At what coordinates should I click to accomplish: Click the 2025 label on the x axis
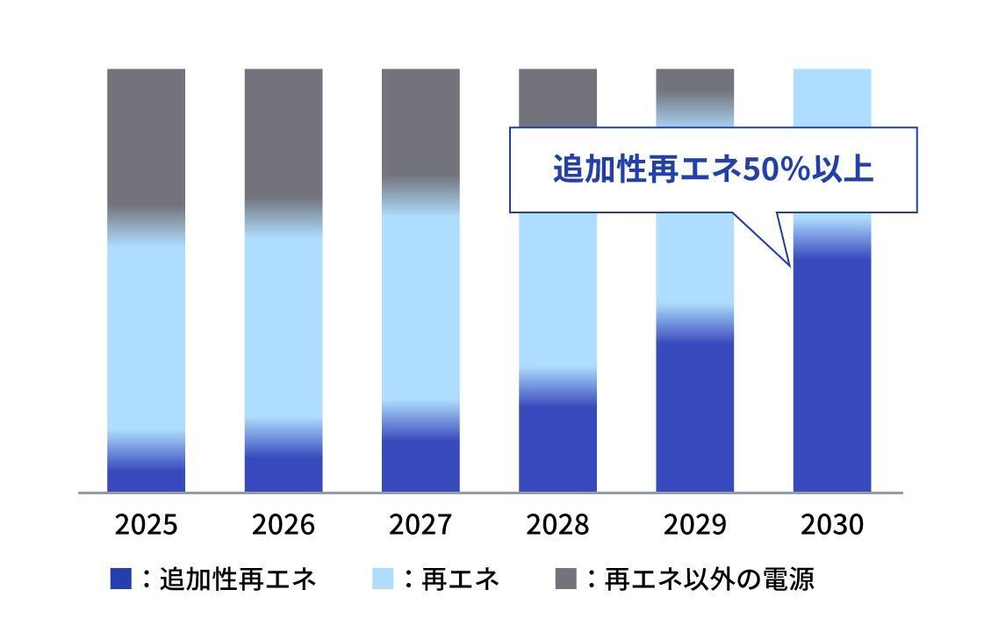tap(146, 525)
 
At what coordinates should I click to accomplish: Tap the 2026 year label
tap(283, 525)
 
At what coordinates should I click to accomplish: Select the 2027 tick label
tap(420, 525)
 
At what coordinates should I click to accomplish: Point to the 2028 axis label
tap(557, 525)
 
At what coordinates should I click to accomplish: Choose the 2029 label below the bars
tap(694, 525)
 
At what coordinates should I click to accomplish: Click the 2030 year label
tap(832, 525)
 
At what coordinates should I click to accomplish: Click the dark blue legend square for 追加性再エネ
tap(121, 579)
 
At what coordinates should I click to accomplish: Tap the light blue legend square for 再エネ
tap(384, 579)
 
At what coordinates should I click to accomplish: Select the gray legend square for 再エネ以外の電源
tap(567, 579)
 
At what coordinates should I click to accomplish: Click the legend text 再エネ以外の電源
tap(710, 579)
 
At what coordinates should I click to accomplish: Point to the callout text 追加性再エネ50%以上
tap(713, 169)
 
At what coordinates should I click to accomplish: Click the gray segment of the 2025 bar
tap(146, 136)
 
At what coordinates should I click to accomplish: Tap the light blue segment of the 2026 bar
tap(283, 325)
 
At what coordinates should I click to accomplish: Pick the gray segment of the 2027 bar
tap(420, 123)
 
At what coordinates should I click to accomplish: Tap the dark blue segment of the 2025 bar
tap(146, 478)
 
